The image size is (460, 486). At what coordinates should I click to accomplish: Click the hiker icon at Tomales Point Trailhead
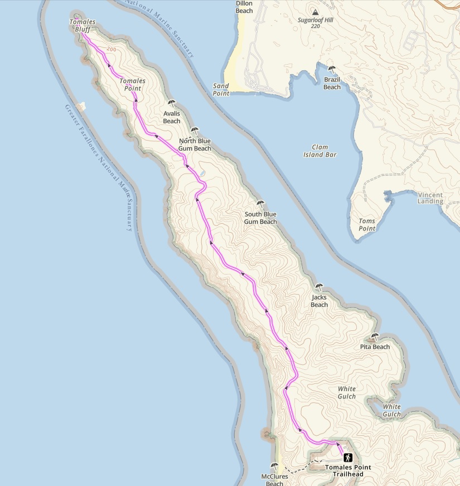click(348, 458)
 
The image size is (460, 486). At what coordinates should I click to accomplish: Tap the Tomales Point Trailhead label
click(348, 471)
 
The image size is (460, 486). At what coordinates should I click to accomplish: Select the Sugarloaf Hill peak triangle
click(316, 12)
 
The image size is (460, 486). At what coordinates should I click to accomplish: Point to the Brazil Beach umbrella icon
click(332, 69)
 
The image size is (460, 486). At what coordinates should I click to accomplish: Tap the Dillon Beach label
click(244, 7)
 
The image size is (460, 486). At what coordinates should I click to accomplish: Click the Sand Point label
click(221, 90)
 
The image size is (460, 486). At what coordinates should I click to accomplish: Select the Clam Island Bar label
click(320, 151)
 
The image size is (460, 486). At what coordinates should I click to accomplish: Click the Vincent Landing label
click(430, 198)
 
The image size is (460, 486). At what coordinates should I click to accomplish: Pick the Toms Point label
click(367, 225)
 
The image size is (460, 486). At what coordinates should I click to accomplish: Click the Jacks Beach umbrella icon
click(319, 287)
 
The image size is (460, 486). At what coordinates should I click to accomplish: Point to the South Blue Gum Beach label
click(260, 218)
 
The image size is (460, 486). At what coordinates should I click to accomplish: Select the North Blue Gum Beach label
click(195, 145)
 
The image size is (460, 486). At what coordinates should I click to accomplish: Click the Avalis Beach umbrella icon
click(172, 103)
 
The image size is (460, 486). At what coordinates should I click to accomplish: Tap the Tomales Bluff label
click(83, 25)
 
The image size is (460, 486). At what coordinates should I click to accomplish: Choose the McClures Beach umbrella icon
click(274, 466)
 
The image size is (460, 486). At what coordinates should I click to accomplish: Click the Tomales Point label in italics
click(132, 85)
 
